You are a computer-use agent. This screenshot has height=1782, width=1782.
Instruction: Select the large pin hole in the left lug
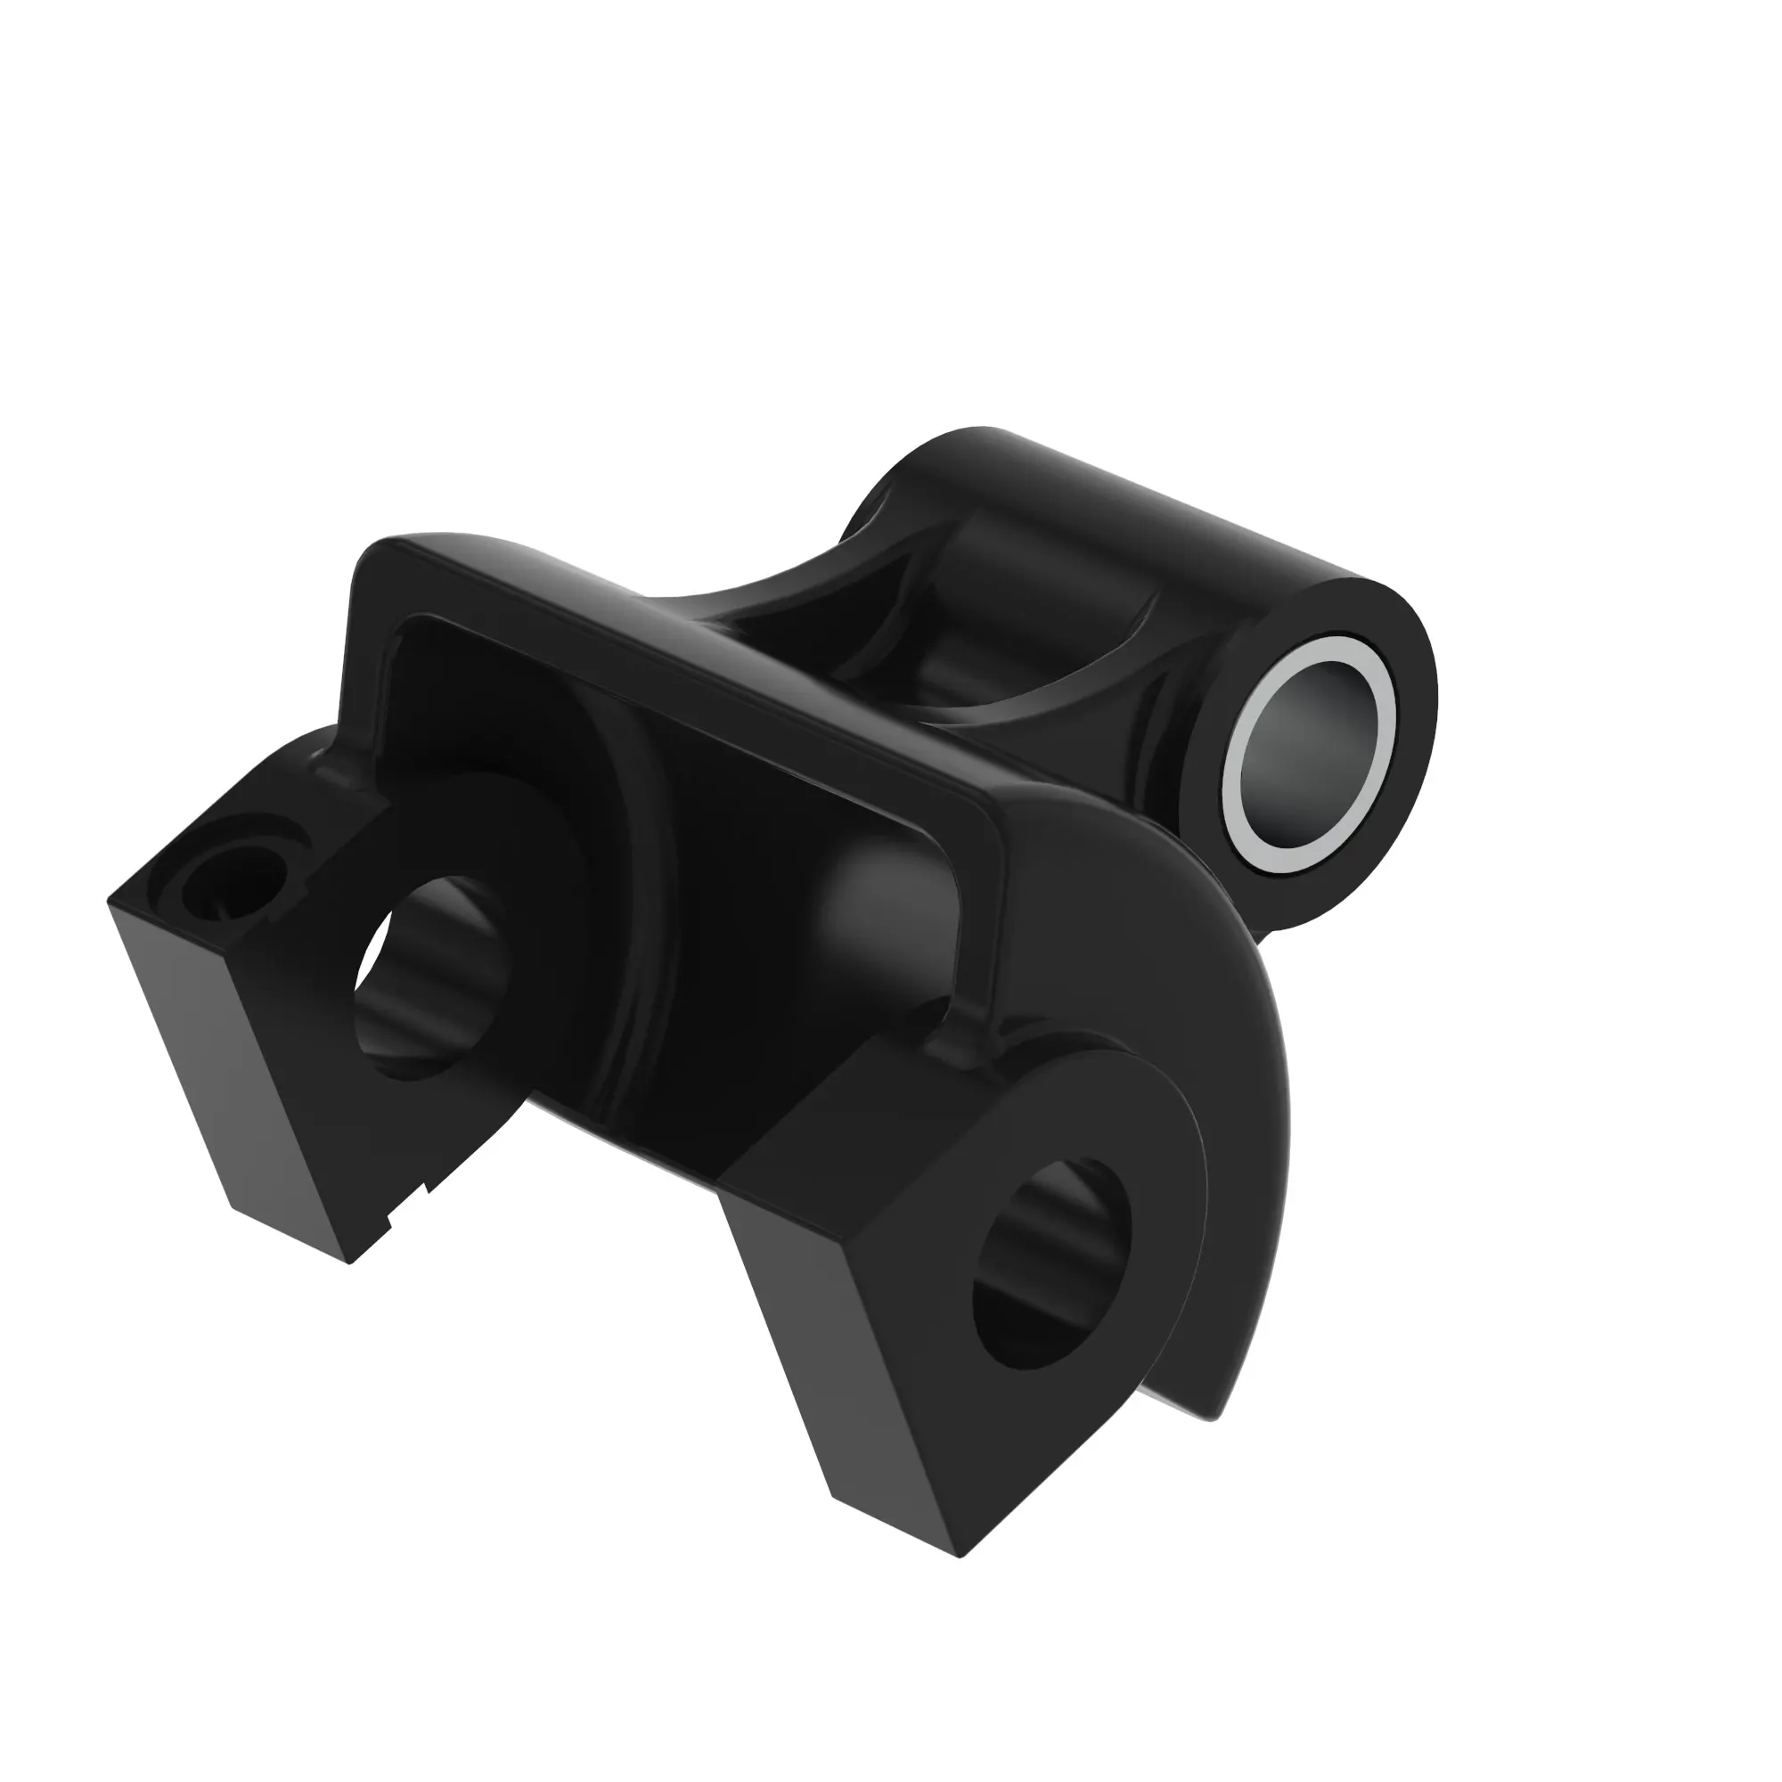click(434, 977)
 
